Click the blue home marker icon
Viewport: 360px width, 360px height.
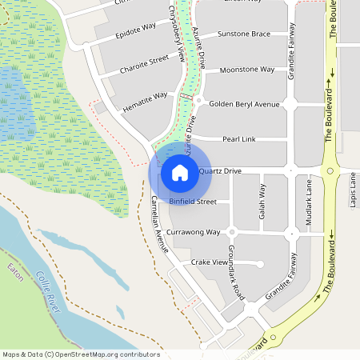click(180, 172)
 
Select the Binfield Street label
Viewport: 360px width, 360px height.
click(192, 202)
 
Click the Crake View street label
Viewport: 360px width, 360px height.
click(210, 262)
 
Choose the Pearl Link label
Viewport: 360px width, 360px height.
click(238, 139)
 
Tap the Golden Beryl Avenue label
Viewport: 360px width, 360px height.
click(244, 104)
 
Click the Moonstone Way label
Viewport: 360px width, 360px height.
click(246, 70)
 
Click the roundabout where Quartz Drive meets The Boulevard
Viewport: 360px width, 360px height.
click(328, 170)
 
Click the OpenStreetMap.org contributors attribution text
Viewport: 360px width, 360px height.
click(108, 354)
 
